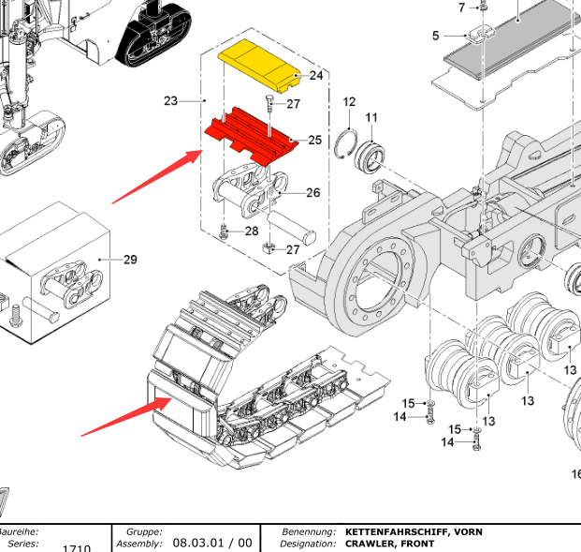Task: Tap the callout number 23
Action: (170, 100)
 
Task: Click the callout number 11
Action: (371, 117)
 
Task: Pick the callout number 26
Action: (312, 193)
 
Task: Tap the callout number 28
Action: (252, 231)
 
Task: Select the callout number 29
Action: (130, 259)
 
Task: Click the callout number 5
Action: (435, 36)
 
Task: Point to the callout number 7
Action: (461, 7)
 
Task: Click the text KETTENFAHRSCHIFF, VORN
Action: (414, 532)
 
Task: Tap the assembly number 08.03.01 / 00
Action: (211, 543)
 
